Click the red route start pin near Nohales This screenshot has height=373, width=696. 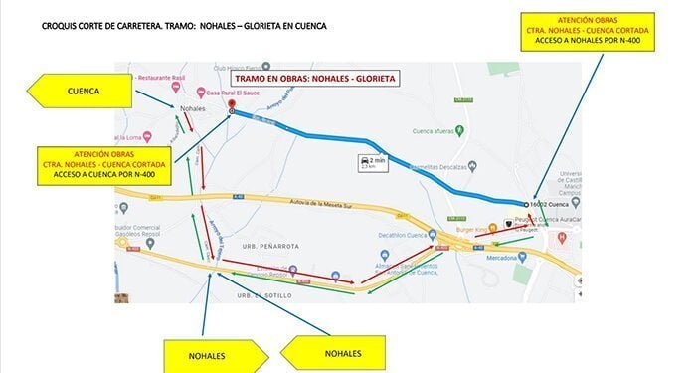[231, 105]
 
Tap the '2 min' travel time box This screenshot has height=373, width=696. [369, 162]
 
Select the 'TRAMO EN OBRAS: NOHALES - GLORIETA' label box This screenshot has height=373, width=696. [313, 78]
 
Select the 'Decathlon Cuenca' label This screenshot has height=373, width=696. [403, 236]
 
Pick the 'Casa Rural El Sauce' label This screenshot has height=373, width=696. [253, 89]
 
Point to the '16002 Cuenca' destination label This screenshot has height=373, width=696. [559, 203]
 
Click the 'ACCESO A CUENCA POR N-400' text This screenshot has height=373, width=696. [103, 175]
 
